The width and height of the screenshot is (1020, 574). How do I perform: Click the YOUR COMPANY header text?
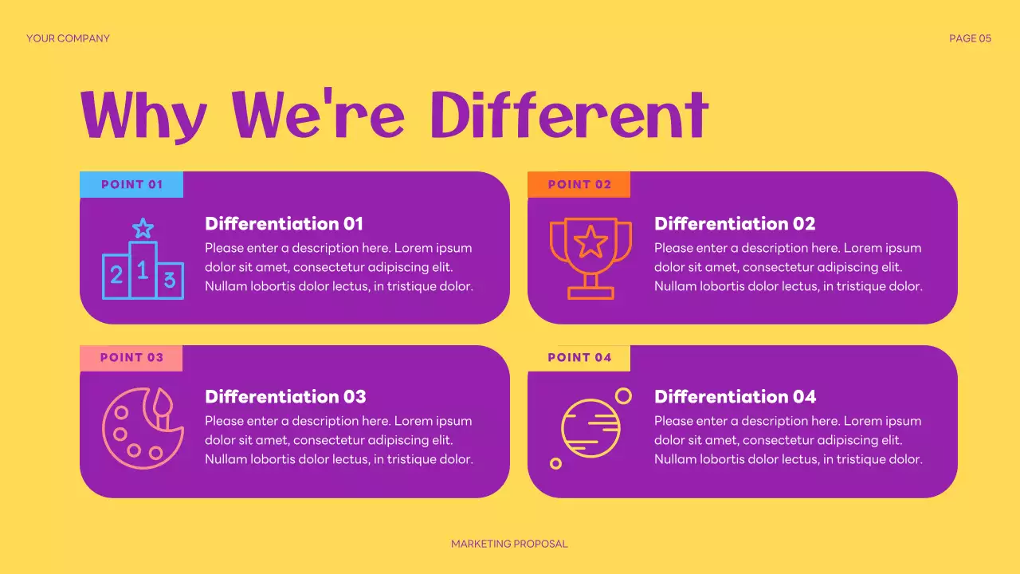[x=68, y=38]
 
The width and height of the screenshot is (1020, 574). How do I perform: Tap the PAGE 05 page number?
[x=970, y=38]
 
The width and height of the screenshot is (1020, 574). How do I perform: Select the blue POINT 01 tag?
[x=131, y=184]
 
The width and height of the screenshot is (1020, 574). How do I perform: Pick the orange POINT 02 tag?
[x=579, y=184]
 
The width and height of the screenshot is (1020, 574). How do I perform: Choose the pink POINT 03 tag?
[x=131, y=358]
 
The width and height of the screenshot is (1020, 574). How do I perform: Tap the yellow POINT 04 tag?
[x=579, y=358]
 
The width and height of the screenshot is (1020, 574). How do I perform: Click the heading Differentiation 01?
[x=284, y=224]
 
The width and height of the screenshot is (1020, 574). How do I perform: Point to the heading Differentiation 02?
[x=735, y=224]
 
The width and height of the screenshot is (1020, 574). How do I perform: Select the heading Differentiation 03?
[x=285, y=397]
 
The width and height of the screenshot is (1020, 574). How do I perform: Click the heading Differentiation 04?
[x=735, y=397]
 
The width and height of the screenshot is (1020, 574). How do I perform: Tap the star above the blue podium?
[x=143, y=229]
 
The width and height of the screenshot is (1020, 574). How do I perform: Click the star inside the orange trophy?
[x=590, y=242]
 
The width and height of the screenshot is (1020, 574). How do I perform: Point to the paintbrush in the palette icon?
[x=163, y=408]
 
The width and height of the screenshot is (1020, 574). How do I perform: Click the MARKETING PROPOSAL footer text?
[x=509, y=544]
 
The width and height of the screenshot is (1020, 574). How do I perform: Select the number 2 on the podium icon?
[x=116, y=276]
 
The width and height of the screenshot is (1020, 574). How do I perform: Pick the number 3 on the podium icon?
[x=169, y=280]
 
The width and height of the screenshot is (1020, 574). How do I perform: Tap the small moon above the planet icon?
[x=623, y=395]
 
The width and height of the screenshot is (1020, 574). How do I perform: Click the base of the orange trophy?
[x=590, y=293]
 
